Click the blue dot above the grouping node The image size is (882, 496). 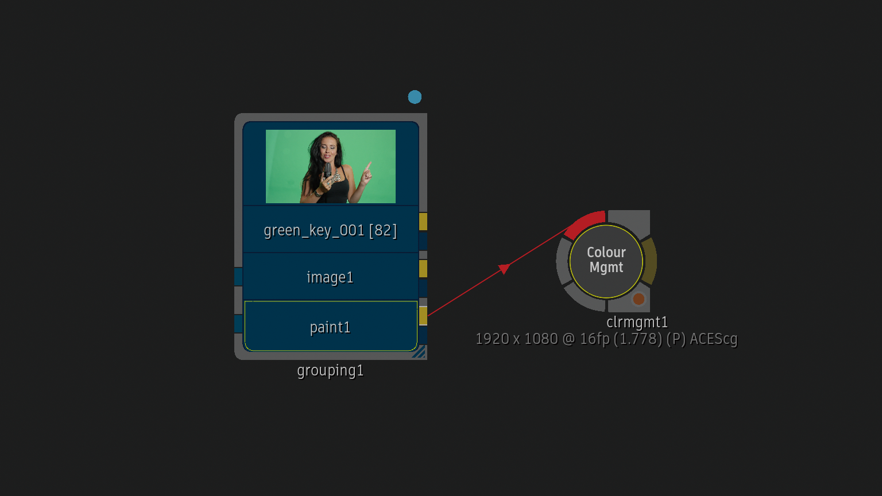[x=415, y=97]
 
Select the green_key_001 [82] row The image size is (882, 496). [x=330, y=230]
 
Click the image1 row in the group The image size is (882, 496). [x=330, y=277]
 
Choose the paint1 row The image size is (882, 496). [x=331, y=326]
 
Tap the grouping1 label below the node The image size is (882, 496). [x=330, y=370]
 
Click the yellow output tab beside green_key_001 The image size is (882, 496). [x=423, y=222]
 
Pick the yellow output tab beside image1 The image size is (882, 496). [x=423, y=269]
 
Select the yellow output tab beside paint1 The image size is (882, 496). [x=423, y=316]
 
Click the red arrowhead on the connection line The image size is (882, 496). [x=504, y=269]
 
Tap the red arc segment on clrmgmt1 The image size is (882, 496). [x=583, y=223]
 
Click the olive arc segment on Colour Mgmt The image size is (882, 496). [x=649, y=261]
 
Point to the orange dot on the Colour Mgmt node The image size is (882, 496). [x=639, y=299]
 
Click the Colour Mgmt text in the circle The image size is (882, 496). [x=606, y=260]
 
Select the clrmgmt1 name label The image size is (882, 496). [x=637, y=323]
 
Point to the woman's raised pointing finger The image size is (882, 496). [x=369, y=165]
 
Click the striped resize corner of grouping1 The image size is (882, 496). [x=420, y=352]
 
